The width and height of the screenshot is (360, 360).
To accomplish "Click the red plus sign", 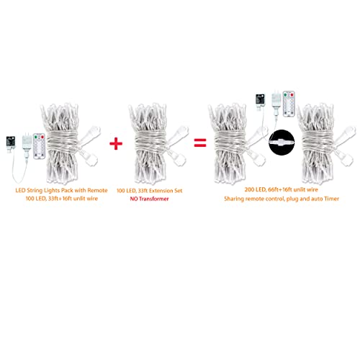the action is coord(116,143).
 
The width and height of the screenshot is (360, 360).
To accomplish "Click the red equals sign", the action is coord(200,143).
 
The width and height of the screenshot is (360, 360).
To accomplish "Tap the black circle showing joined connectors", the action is coord(282,143).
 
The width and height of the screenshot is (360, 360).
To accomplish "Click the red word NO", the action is coord(134,199).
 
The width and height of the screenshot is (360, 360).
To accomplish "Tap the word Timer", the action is coord(331,199).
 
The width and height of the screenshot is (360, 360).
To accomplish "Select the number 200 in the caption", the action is coord(249,189).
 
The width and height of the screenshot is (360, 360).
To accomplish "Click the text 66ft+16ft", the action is coord(280,189).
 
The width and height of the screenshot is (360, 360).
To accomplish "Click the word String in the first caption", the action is coord(35,191).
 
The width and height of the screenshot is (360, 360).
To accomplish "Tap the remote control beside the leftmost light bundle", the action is coord(39,146).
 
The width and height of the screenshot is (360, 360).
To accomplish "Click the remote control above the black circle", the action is coord(289,104).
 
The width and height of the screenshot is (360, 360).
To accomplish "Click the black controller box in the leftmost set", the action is coord(11,143).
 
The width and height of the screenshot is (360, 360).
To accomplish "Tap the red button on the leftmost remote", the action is coord(42,138).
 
